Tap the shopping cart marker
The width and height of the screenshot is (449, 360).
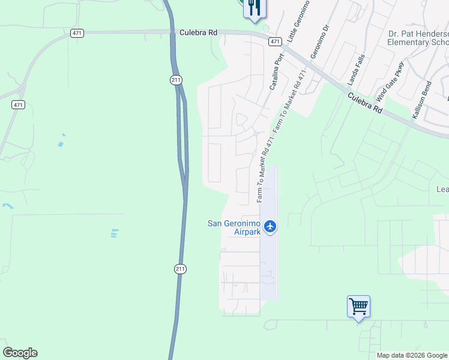pyautogui.click(x=358, y=307)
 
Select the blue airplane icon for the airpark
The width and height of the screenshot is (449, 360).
pyautogui.click(x=270, y=227)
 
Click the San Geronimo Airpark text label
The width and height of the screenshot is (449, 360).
pyautogui.click(x=234, y=227)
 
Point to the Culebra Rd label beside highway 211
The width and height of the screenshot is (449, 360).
pyautogui.click(x=198, y=33)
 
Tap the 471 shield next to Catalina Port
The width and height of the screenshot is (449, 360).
pyautogui.click(x=275, y=41)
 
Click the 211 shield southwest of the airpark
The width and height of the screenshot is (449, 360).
pyautogui.click(x=181, y=269)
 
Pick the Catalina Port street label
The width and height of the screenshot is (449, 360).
pyautogui.click(x=276, y=73)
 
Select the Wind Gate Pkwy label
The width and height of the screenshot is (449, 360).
pyautogui.click(x=390, y=81)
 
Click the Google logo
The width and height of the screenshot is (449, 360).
pyautogui.click(x=20, y=353)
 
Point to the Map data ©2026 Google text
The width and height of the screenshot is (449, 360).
pyautogui.click(x=412, y=355)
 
